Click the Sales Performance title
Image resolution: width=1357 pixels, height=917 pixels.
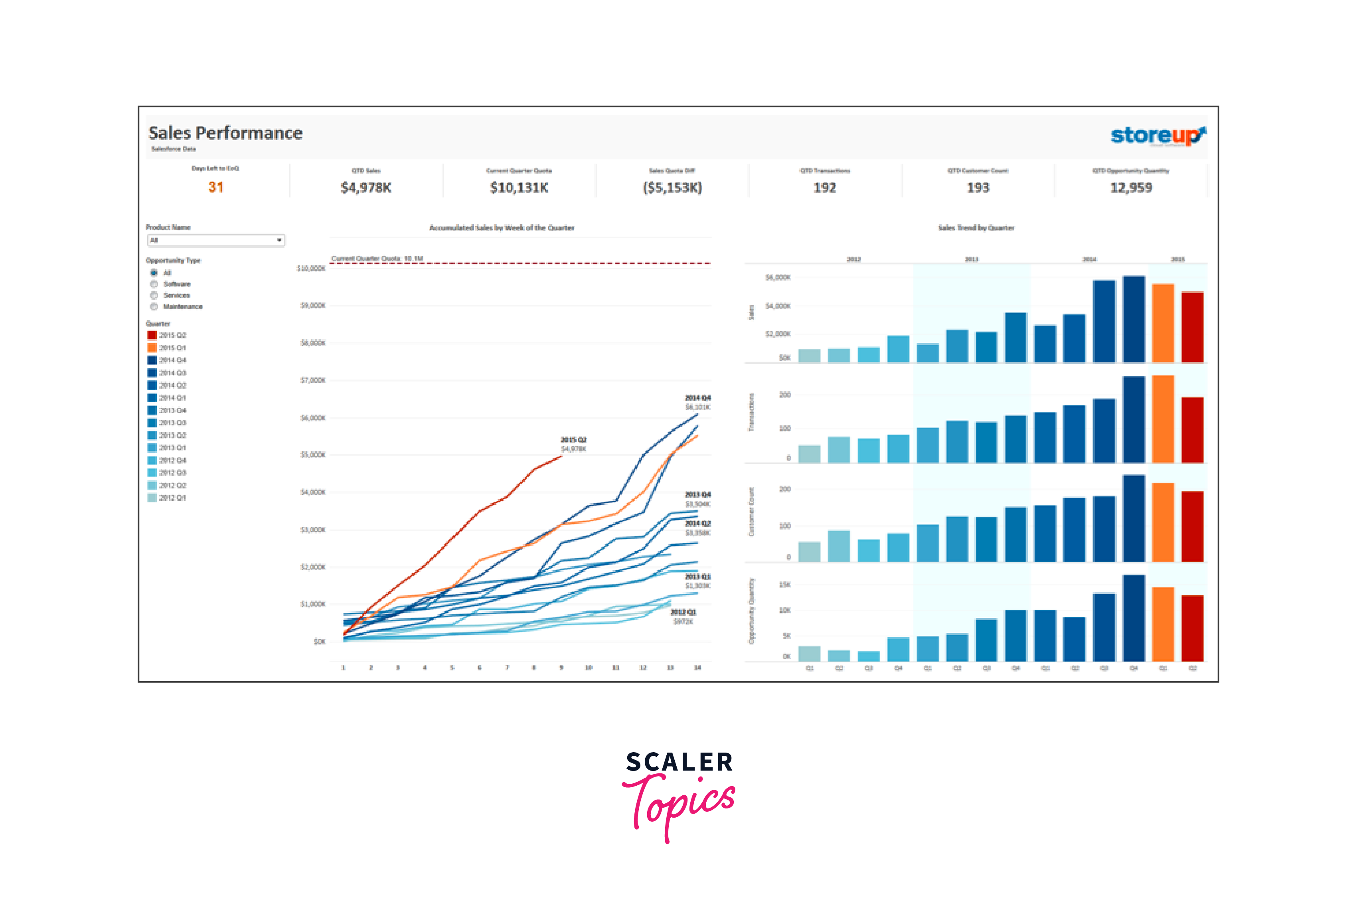click(x=225, y=133)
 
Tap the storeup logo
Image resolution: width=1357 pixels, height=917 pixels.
click(x=1157, y=136)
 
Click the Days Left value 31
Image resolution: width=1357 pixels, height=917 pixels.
click(x=215, y=187)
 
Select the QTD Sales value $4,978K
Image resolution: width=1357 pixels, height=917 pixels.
click(x=366, y=188)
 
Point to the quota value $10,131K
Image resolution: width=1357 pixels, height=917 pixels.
click(x=519, y=188)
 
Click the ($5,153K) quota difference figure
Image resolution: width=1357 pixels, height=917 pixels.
click(x=672, y=188)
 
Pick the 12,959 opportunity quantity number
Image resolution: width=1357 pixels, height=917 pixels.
click(x=1131, y=188)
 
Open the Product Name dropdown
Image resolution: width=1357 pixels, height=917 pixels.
click(x=215, y=241)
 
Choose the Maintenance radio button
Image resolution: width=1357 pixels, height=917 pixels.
click(x=154, y=306)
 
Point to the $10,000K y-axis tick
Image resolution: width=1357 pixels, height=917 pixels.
click(x=311, y=269)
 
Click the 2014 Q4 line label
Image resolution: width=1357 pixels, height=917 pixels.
click(x=697, y=398)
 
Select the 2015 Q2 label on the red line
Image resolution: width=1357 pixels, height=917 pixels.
click(x=573, y=440)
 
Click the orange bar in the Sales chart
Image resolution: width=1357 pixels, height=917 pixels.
click(x=1163, y=323)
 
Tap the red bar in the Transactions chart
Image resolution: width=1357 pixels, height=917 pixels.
click(x=1192, y=430)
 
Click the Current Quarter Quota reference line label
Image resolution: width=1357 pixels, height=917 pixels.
click(x=377, y=259)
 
